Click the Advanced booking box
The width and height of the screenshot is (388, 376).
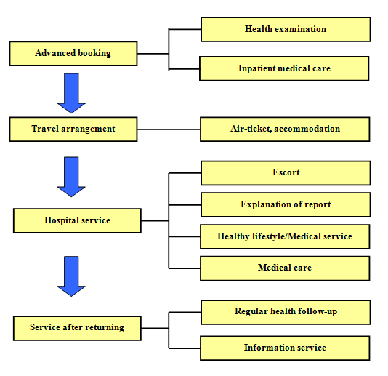tap(73, 54)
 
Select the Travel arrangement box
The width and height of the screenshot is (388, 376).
tap(73, 129)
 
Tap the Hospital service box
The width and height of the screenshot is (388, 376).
tap(77, 220)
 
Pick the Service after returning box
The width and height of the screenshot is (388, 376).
tap(77, 328)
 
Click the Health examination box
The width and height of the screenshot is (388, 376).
tap(286, 29)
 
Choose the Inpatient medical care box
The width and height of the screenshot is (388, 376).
tap(284, 68)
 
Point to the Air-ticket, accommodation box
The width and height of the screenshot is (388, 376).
tap(285, 129)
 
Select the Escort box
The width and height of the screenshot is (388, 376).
tap(286, 173)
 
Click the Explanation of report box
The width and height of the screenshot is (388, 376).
tap(286, 205)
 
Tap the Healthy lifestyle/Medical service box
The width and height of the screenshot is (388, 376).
tap(285, 236)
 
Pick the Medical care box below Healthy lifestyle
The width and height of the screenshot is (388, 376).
tap(285, 268)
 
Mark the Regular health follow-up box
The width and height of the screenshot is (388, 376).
tap(286, 312)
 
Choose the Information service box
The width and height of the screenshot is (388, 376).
tap(285, 348)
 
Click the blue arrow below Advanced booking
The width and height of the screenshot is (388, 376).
tap(71, 93)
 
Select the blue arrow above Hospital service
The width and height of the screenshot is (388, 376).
tap(71, 177)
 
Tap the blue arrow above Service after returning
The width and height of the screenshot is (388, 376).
tap(71, 276)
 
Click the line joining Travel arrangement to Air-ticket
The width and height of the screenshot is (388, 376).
tap(169, 129)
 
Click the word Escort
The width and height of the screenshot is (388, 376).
tap(286, 172)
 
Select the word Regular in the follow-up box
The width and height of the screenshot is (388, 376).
tap(251, 311)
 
